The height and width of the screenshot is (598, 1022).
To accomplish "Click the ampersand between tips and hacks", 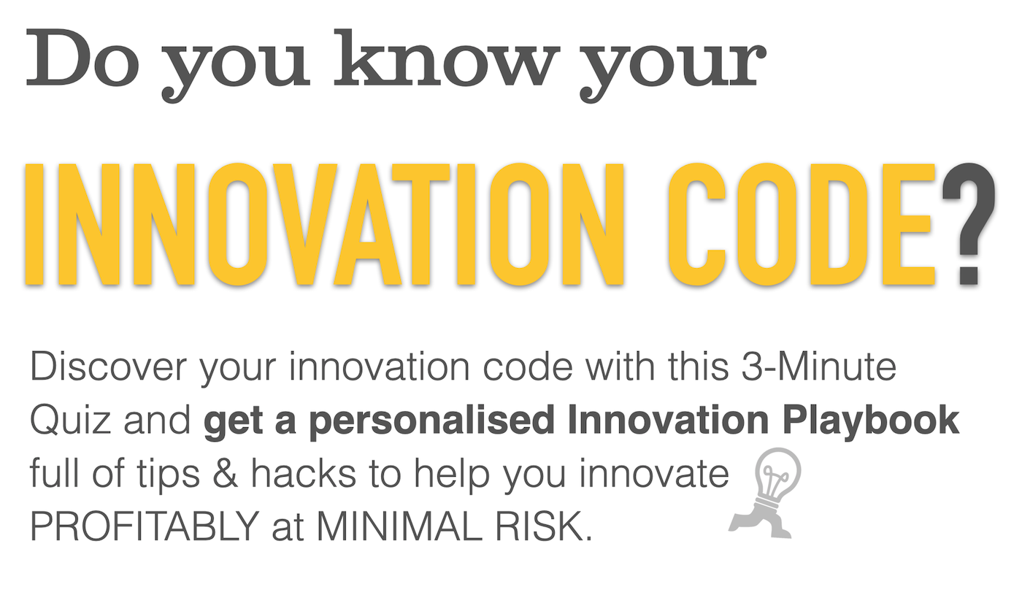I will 232,475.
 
